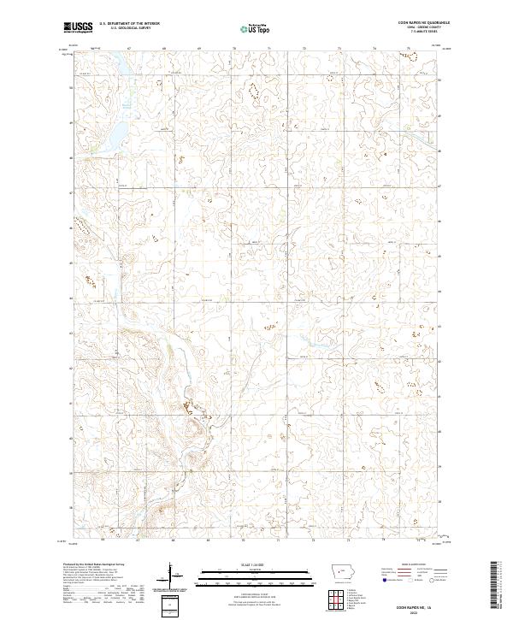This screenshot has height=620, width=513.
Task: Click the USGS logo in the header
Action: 78,28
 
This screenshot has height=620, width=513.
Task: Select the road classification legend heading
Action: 418,566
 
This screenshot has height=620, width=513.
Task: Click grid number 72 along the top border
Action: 304,50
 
